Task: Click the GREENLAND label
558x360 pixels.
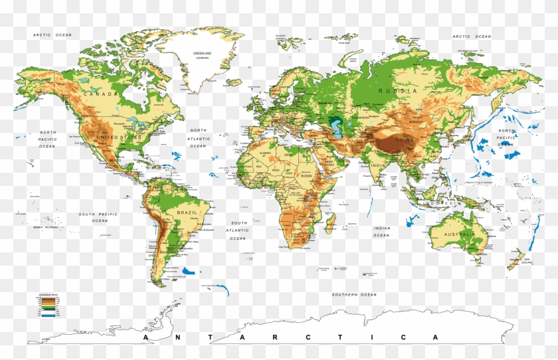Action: (202, 53)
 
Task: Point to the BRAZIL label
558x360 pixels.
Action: (187, 212)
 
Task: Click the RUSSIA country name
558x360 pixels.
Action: (398, 90)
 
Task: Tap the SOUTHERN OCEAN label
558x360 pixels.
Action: (355, 294)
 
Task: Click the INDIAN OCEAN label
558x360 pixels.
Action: (381, 231)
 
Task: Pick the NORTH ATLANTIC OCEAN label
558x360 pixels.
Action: (199, 138)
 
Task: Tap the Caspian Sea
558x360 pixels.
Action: (334, 125)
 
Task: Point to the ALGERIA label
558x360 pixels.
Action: (266, 153)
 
